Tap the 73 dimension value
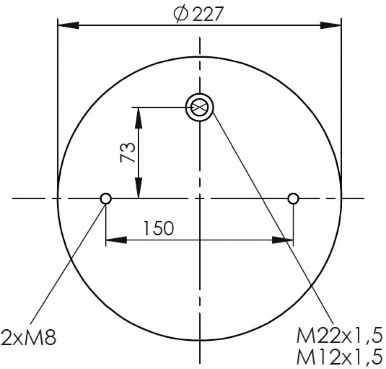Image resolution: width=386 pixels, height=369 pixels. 127,153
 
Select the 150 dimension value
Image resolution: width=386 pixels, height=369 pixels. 159,228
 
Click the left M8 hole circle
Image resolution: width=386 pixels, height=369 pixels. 106,198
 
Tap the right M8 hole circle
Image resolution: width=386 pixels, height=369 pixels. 293,198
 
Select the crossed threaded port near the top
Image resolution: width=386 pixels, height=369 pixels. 200,107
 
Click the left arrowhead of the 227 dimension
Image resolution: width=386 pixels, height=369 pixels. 68,25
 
